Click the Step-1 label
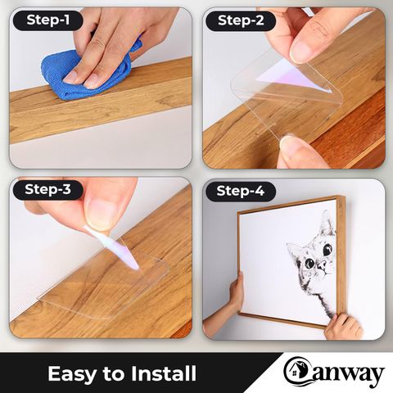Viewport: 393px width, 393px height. tap(47, 20)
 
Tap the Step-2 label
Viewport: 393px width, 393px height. tap(241, 20)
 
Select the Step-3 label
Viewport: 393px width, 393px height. tap(47, 189)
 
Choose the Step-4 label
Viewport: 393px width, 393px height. tap(241, 191)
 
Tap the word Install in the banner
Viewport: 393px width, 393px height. tap(164, 373)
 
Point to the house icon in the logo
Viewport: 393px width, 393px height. tap(294, 371)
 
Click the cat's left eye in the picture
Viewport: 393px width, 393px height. tap(309, 263)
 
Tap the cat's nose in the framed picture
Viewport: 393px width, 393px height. tap(323, 264)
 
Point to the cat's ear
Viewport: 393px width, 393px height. tap(327, 221)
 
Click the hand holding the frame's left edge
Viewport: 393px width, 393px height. tap(237, 290)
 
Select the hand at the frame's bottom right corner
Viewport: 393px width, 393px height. tap(343, 327)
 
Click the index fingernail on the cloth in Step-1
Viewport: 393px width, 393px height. tap(72, 76)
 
